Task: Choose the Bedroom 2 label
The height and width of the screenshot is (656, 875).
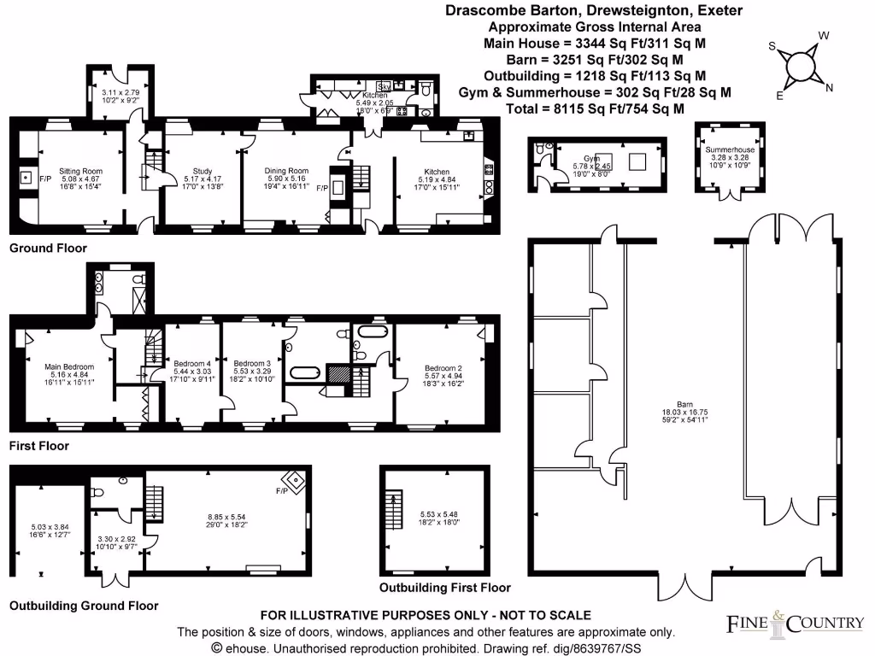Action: tap(443, 368)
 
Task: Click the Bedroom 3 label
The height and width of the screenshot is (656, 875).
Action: tap(251, 362)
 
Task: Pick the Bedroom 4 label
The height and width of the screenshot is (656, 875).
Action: tap(191, 362)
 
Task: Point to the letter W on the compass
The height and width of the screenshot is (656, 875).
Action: tap(825, 36)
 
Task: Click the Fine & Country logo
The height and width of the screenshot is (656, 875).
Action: tap(795, 624)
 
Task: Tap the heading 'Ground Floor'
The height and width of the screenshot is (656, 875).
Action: tap(48, 249)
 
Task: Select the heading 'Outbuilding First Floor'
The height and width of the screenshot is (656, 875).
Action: tap(445, 588)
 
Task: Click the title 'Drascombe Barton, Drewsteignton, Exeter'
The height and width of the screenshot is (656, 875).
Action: tap(594, 10)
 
